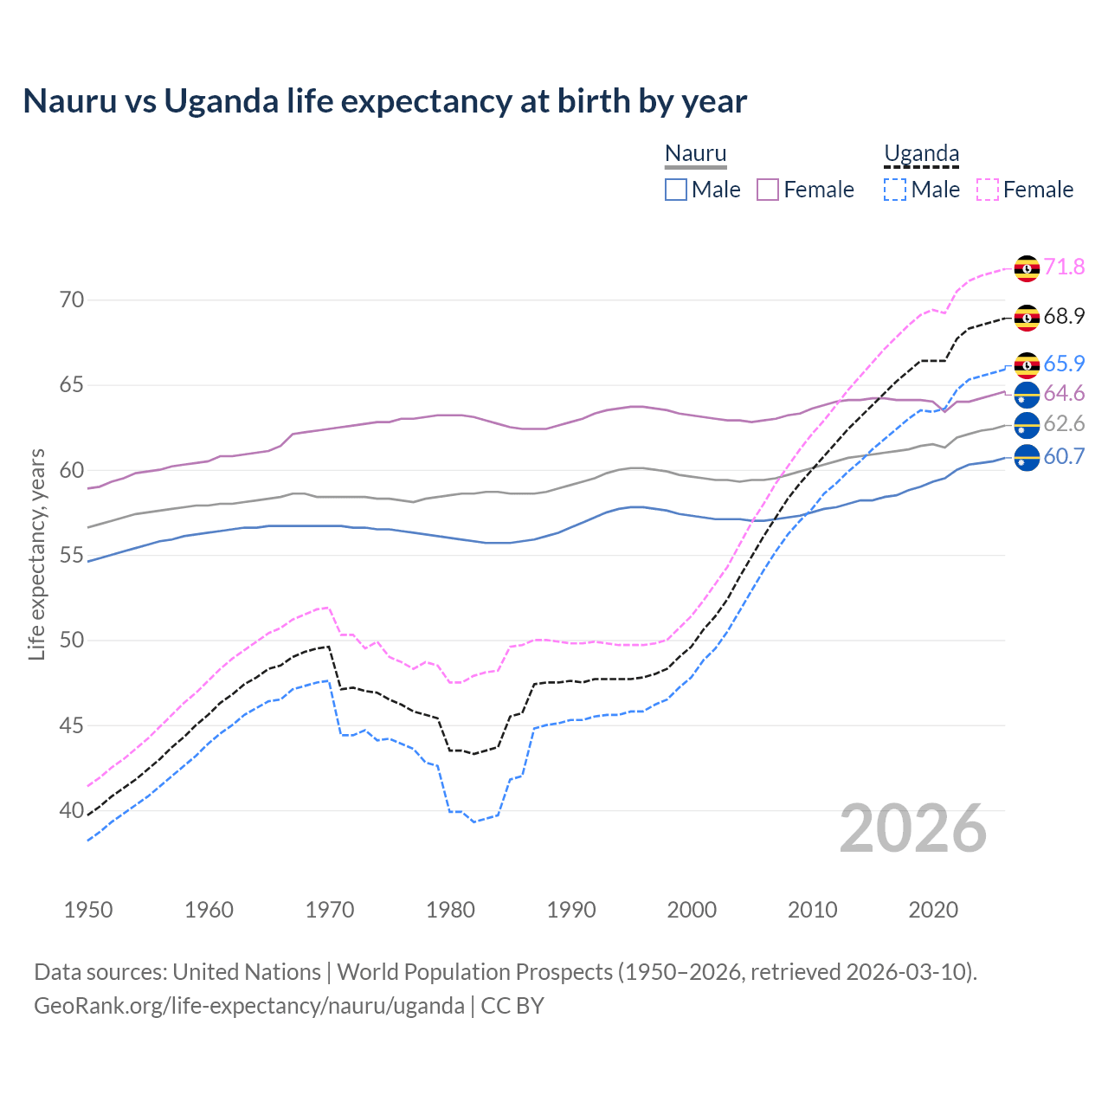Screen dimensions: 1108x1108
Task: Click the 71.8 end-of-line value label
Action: (x=1064, y=267)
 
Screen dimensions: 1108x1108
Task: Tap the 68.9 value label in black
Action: (x=1064, y=316)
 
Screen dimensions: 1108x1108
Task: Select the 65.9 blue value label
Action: (x=1064, y=364)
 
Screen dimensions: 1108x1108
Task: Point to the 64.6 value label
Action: (x=1064, y=393)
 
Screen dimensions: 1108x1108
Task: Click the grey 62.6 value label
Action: (x=1064, y=423)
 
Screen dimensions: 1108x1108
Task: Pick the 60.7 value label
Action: (x=1064, y=456)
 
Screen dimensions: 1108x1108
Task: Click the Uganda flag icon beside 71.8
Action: (x=1027, y=268)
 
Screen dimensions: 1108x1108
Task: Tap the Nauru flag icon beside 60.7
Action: (x=1027, y=457)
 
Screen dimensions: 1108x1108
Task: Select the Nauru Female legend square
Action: (x=768, y=190)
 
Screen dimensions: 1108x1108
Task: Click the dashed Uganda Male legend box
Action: (x=895, y=190)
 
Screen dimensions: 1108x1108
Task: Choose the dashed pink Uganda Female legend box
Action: (x=987, y=190)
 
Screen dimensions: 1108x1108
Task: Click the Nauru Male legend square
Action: (x=676, y=190)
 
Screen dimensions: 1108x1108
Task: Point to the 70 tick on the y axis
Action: (x=72, y=300)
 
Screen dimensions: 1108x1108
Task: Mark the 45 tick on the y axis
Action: (x=72, y=725)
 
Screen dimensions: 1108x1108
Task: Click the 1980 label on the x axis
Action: (x=450, y=910)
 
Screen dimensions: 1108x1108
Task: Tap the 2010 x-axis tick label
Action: (x=812, y=910)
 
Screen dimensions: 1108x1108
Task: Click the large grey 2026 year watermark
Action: (x=913, y=828)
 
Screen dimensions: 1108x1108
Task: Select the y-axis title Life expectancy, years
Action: (x=36, y=554)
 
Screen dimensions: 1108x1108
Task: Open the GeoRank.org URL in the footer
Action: (x=249, y=1005)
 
